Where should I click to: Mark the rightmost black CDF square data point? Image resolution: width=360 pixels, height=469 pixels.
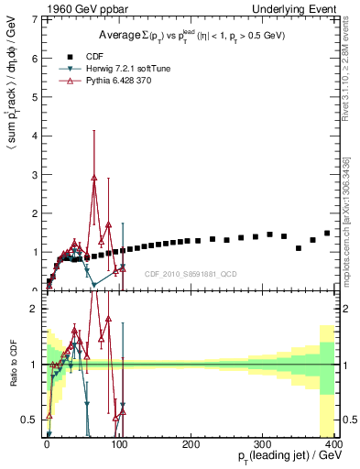[327, 233]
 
